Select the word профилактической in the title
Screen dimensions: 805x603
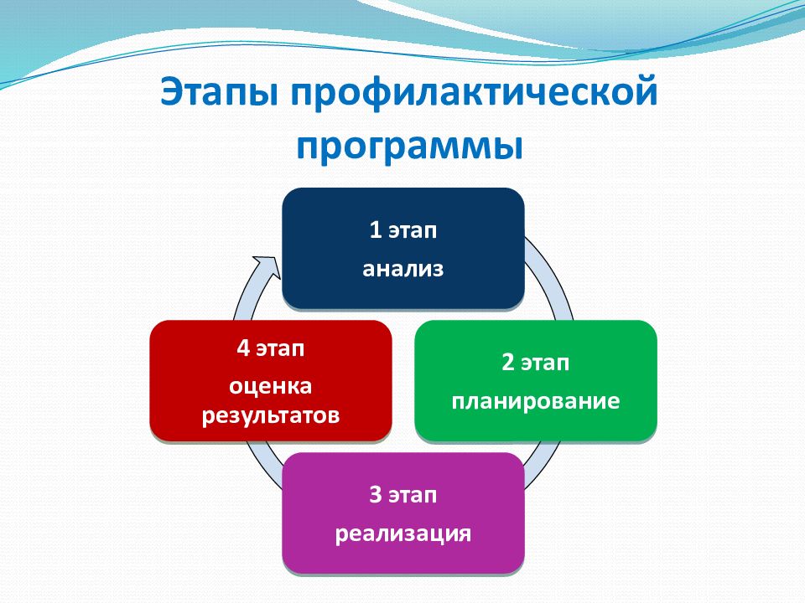(474, 93)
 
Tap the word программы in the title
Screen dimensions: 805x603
(409, 148)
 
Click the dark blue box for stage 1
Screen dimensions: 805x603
(403, 248)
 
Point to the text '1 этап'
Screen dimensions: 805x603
(403, 229)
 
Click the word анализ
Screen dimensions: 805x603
(403, 269)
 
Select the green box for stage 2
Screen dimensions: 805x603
(536, 380)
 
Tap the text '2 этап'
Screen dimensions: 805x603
(536, 362)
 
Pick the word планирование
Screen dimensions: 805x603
(536, 401)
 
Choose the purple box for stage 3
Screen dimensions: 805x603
(403, 513)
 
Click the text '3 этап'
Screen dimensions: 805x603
(403, 494)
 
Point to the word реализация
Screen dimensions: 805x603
(403, 533)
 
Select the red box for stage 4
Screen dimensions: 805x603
(271, 380)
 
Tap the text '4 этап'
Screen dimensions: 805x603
(271, 348)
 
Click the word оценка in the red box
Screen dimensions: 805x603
(271, 386)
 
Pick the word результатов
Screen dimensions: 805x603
(271, 415)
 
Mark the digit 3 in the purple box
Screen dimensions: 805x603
(376, 494)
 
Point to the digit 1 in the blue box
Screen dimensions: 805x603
(376, 229)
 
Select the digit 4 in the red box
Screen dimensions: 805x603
(243, 348)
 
